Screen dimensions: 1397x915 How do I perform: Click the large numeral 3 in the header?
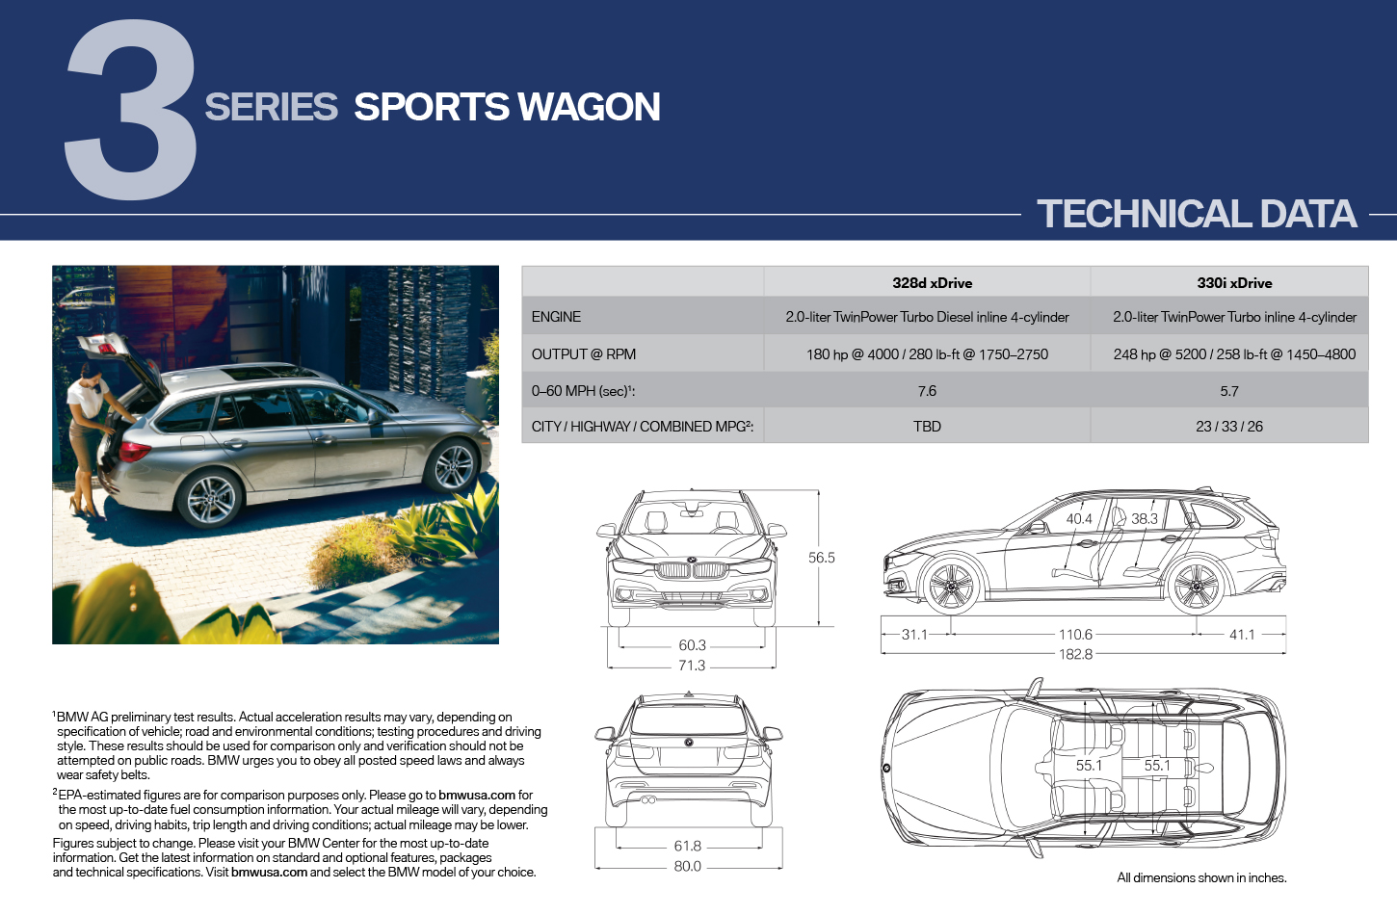point(131,109)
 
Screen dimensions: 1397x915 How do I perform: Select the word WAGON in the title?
point(589,107)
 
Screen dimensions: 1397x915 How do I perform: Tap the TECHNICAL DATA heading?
point(1197,214)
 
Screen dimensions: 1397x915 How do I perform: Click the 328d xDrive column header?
point(932,283)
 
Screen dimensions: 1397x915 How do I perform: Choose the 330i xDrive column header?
point(1234,283)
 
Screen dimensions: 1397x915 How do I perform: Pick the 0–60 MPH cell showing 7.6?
point(927,391)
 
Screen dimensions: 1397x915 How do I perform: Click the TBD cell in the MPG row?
point(927,427)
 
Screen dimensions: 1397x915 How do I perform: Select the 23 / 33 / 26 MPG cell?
point(1229,427)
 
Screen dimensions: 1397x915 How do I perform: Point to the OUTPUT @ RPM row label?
point(583,354)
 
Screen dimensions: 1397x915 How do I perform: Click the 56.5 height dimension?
point(822,558)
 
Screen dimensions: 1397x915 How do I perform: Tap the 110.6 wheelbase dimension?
point(1075,635)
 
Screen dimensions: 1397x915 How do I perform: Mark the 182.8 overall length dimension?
point(1075,654)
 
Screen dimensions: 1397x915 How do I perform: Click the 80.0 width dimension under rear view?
point(687,867)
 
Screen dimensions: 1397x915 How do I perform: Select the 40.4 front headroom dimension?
point(1079,518)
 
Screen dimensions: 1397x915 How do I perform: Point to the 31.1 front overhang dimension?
point(914,635)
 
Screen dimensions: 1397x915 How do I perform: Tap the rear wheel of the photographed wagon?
point(210,499)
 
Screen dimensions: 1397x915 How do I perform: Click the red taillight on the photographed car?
point(134,451)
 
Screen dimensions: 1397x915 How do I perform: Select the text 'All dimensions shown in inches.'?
point(1201,877)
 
